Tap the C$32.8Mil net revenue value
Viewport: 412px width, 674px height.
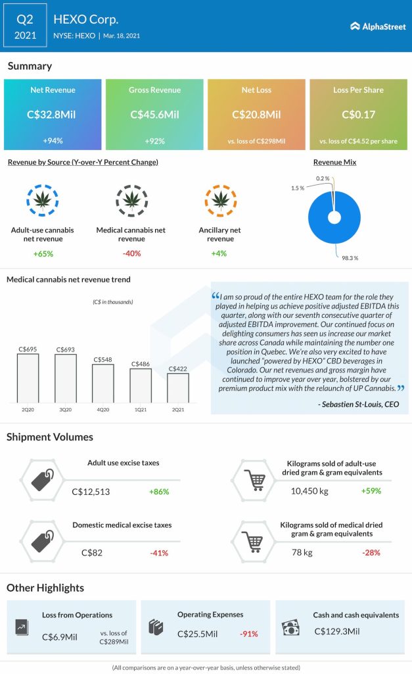[x=53, y=115]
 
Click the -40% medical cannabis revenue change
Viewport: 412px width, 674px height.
[x=131, y=253]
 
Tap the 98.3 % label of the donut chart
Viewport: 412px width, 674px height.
[x=349, y=258]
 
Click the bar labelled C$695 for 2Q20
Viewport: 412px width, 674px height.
[x=28, y=377]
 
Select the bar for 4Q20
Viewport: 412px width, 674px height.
[x=103, y=382]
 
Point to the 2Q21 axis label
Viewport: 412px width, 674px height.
[x=178, y=409]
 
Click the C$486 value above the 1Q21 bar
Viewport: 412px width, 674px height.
[x=141, y=363]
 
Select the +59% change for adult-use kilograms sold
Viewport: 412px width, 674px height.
[x=371, y=491]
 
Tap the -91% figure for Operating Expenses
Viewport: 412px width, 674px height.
[x=248, y=634]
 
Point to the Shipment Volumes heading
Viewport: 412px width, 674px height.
[x=49, y=437]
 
